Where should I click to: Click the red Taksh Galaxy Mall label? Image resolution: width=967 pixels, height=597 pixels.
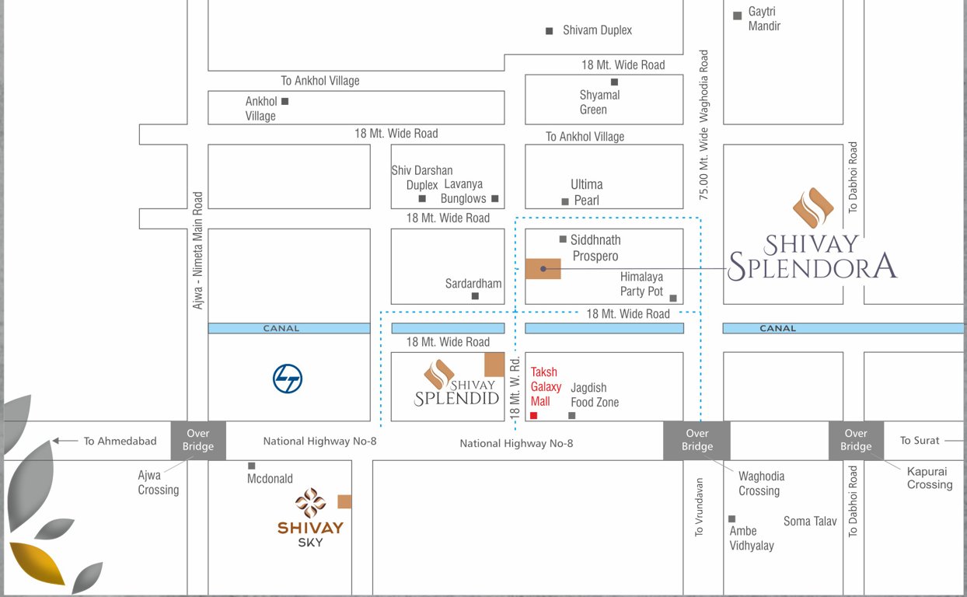click(x=546, y=386)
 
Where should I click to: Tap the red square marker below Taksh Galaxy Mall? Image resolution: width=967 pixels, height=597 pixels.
click(x=533, y=416)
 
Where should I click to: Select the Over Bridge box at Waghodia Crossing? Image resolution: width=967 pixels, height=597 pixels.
click(x=696, y=440)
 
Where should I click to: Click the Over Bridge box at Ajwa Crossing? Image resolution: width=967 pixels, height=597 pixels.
click(x=198, y=440)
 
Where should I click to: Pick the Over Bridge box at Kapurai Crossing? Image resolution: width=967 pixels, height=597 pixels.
click(x=855, y=440)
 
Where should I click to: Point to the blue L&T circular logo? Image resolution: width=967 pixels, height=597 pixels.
click(x=288, y=379)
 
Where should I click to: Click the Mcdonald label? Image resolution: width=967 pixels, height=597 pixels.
click(x=270, y=479)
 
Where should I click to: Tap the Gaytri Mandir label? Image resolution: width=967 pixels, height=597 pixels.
click(x=764, y=19)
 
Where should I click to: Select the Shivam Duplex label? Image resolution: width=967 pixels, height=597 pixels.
click(x=597, y=30)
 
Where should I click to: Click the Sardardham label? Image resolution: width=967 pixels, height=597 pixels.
click(x=473, y=284)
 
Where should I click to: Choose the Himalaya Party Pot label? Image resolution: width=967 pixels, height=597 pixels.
click(x=641, y=284)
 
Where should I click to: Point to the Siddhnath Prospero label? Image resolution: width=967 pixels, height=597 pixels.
click(x=595, y=248)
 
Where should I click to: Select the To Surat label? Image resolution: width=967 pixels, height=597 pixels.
click(x=920, y=440)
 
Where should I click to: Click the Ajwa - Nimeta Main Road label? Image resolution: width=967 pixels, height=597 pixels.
click(x=198, y=250)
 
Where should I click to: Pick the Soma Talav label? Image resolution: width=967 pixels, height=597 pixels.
click(x=810, y=521)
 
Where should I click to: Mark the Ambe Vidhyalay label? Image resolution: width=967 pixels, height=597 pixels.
click(x=752, y=538)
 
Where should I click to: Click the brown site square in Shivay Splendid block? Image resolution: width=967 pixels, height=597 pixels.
click(x=494, y=364)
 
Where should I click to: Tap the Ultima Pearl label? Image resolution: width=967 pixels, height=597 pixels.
click(x=586, y=192)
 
